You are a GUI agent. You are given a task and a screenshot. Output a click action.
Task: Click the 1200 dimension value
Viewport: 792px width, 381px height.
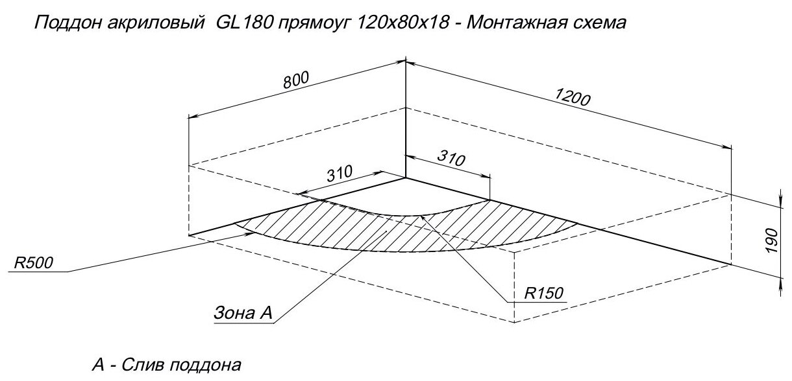tap(571, 97)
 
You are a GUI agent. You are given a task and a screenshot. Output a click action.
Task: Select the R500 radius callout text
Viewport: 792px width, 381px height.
tap(32, 262)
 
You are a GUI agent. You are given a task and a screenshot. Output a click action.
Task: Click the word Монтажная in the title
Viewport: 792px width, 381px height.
tap(510, 24)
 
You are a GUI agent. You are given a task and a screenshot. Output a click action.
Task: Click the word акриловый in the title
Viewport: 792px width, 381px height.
tap(151, 24)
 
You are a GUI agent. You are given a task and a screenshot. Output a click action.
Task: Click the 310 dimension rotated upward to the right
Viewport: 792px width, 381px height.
tap(338, 174)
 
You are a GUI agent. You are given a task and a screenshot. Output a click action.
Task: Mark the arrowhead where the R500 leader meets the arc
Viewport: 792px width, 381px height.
tap(249, 235)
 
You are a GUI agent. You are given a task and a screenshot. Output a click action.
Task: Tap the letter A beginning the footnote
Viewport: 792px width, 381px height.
tap(97, 366)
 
